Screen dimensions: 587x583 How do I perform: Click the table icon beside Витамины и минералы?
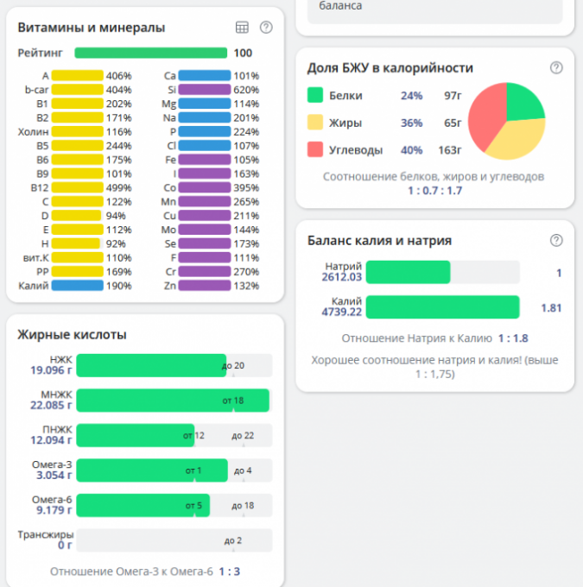[242, 28]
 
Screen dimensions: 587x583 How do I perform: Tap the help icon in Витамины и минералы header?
[266, 28]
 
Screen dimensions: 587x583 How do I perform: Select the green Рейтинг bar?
[150, 53]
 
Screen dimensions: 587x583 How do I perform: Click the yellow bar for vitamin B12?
[78, 187]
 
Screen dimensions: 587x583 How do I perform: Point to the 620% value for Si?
[246, 89]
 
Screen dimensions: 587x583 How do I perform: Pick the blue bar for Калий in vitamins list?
[78, 286]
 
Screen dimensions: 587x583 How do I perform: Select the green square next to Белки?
[315, 96]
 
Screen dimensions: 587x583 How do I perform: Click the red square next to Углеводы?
[315, 149]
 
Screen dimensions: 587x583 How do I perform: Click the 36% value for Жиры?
[411, 123]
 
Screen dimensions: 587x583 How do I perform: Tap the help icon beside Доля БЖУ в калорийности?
[556, 68]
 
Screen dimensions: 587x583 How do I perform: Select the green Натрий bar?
[408, 272]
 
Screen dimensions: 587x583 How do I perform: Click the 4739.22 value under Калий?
[342, 312]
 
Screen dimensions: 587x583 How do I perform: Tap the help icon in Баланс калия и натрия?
[556, 241]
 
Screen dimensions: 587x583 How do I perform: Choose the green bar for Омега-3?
[152, 470]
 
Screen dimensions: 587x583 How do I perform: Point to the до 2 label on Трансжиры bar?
[232, 541]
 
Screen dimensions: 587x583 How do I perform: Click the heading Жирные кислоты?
[73, 334]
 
